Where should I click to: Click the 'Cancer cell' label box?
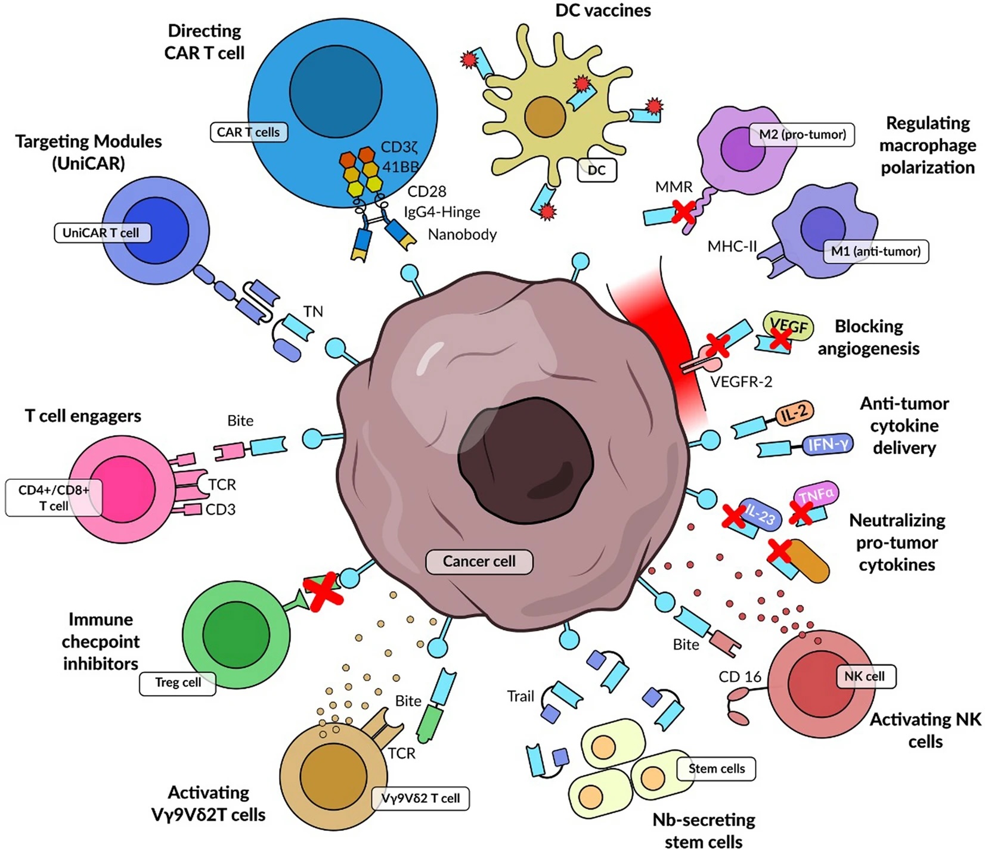[x=479, y=562]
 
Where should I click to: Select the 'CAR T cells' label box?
[x=249, y=132]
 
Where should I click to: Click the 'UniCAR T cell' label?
[x=102, y=233]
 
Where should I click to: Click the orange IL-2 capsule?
[x=794, y=413]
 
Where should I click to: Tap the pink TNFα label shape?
[x=817, y=495]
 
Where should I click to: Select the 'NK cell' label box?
[x=865, y=677]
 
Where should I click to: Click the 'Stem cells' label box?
[x=716, y=769]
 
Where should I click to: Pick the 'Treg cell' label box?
[x=178, y=683]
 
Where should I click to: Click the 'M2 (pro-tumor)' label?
[x=802, y=135]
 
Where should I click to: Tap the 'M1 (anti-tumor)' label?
[x=875, y=252]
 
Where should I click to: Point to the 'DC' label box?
[x=597, y=170]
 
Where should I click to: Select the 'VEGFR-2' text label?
[x=741, y=381]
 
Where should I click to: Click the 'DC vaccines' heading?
[x=603, y=11]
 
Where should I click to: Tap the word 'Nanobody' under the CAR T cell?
[x=462, y=235]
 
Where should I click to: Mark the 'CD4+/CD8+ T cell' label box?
[x=54, y=498]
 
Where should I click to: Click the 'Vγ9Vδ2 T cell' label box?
[x=420, y=799]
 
